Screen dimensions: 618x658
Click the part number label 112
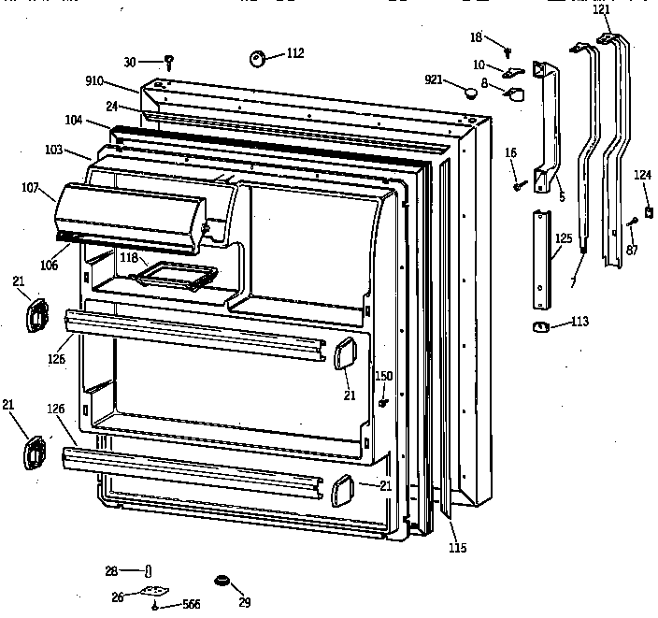point(295,53)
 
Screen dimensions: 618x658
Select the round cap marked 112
point(258,60)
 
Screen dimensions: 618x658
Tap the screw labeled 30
point(169,63)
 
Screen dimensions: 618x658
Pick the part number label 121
point(601,8)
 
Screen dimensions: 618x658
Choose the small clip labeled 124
point(647,213)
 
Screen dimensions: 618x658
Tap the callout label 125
point(563,239)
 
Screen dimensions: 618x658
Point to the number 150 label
point(383,376)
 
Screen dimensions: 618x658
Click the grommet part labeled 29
point(222,582)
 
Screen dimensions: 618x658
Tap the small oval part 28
point(149,571)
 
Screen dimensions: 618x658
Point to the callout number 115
point(457,548)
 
